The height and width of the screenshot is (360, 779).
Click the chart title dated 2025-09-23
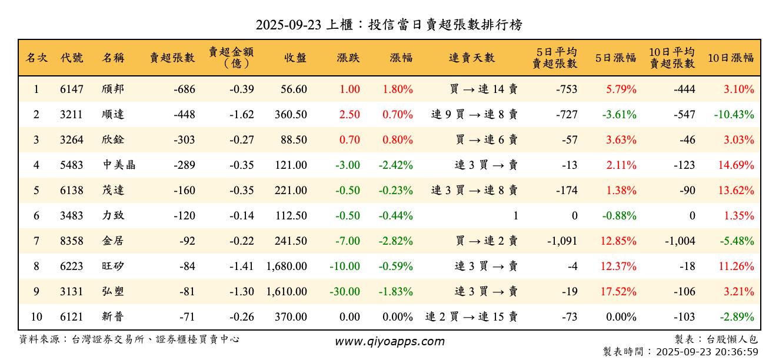coord(389,25)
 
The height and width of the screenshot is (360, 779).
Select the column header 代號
coord(72,58)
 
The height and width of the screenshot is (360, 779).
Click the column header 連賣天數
coord(472,58)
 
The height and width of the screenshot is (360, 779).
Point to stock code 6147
coord(72,90)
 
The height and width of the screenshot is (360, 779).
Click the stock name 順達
coord(113,115)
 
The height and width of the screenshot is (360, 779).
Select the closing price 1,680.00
coord(287,266)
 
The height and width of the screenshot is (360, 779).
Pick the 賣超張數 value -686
coord(184,90)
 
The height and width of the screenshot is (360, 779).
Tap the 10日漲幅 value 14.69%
coord(735,165)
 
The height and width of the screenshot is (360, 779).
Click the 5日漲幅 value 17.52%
coord(618,292)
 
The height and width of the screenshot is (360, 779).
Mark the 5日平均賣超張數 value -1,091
coord(562,241)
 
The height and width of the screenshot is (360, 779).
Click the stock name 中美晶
coord(119,165)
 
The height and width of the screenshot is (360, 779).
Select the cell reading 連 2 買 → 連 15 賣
coord(471,317)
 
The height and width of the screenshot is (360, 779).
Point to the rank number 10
coord(36,317)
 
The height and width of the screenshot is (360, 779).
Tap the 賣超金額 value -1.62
coord(241,115)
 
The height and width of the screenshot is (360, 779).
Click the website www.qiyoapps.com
coord(389,341)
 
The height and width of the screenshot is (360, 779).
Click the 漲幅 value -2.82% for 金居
coord(395,241)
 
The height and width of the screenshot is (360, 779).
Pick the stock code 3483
coord(72,216)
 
